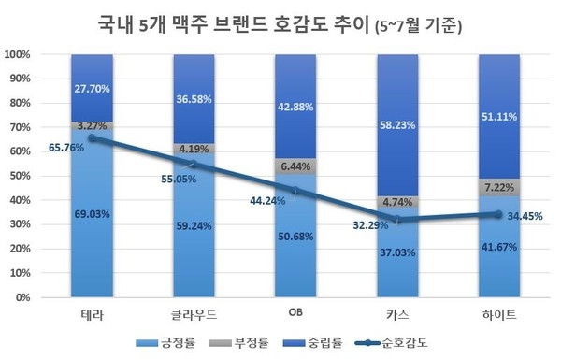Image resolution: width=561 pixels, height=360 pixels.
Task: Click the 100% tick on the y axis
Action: [20, 54]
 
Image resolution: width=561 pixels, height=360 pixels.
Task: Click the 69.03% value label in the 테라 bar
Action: [92, 214]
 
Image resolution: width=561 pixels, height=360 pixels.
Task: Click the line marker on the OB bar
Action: [296, 191]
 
